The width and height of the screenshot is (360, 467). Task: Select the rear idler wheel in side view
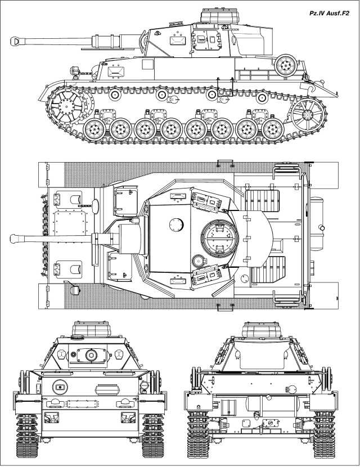click(x=307, y=115)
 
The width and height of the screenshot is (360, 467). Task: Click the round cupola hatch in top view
click(x=217, y=239)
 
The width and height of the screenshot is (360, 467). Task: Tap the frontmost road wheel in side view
click(x=93, y=130)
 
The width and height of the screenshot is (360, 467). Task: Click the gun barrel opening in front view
click(x=90, y=355)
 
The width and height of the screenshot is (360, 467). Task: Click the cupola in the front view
click(x=88, y=329)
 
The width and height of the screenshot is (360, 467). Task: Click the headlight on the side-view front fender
click(x=73, y=70)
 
